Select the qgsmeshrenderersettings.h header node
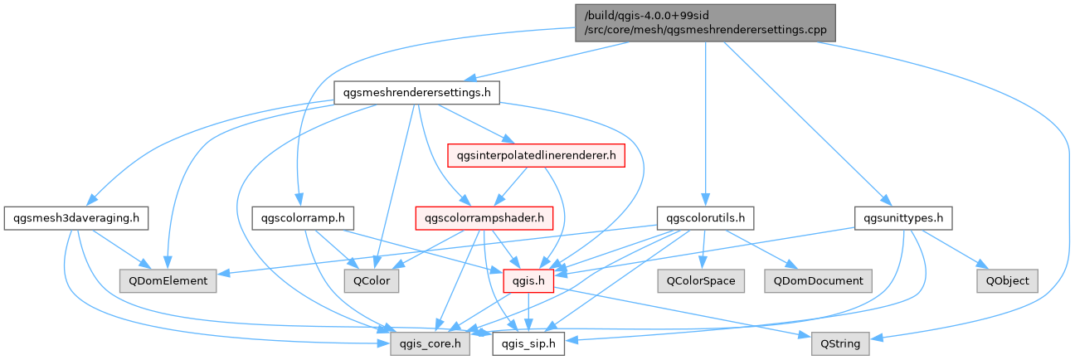(416, 92)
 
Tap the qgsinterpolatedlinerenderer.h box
(536, 154)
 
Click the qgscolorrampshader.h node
(484, 219)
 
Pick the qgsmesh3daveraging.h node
(75, 219)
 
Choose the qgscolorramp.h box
(302, 219)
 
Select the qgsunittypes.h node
(902, 219)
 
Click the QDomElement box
(168, 281)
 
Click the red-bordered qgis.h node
(528, 281)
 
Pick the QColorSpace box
(700, 281)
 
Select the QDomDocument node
(818, 281)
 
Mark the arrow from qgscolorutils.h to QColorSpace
(703, 249)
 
